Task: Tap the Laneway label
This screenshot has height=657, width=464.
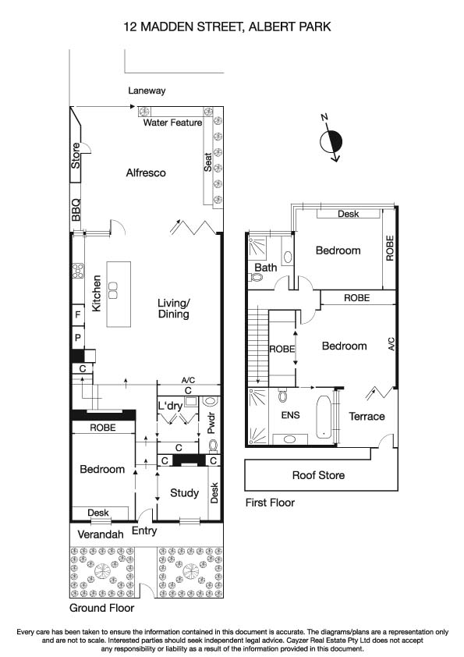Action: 147,91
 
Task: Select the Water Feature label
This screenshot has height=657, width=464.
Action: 172,123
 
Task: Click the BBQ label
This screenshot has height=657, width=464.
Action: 76,211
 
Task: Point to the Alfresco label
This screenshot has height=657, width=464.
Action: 146,172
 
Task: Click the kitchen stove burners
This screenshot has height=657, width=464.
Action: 79,272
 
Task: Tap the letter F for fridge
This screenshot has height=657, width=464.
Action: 78,314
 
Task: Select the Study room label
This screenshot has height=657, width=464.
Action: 185,492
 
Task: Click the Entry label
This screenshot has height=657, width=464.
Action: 144,531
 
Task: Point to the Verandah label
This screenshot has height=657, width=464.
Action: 102,534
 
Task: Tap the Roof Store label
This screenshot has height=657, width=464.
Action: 318,474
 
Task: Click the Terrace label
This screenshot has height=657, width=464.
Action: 367,416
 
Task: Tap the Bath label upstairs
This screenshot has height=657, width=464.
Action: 267,268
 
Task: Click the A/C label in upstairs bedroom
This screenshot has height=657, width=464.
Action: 391,346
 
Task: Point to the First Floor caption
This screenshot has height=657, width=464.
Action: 270,503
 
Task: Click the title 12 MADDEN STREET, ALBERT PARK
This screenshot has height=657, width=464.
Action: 228,27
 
